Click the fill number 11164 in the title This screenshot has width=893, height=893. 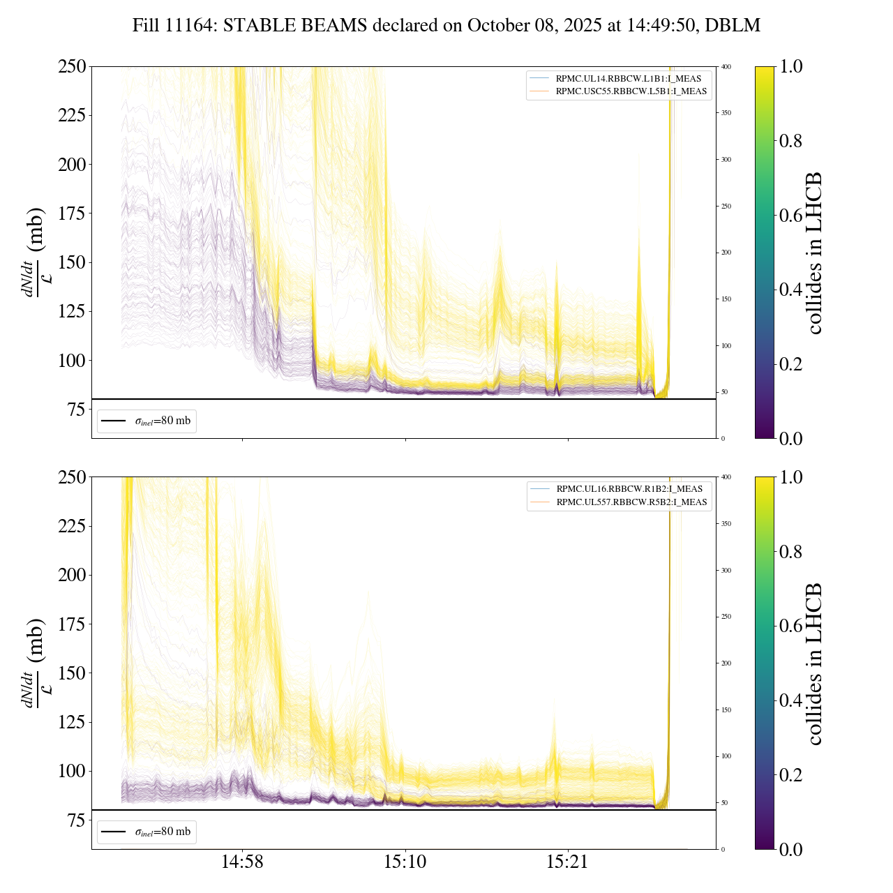[188, 26]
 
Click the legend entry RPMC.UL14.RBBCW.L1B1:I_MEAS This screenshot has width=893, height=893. [628, 78]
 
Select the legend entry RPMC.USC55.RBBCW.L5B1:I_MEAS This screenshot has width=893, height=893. [631, 91]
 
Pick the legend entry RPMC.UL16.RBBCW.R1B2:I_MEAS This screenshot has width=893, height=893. [629, 489]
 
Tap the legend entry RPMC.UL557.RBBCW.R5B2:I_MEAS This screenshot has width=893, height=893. [631, 502]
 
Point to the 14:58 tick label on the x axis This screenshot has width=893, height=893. [243, 862]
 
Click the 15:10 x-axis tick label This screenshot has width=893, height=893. [405, 862]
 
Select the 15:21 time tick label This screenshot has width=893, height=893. [568, 862]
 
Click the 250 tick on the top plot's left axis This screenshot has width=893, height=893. [72, 67]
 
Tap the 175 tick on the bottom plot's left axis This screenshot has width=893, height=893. [72, 624]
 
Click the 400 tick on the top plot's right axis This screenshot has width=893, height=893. [726, 67]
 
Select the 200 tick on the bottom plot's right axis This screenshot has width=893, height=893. [726, 663]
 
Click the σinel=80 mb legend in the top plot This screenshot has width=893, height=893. [147, 421]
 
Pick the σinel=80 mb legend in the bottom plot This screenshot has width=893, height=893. [147, 832]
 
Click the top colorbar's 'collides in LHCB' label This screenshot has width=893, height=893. [813, 253]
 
